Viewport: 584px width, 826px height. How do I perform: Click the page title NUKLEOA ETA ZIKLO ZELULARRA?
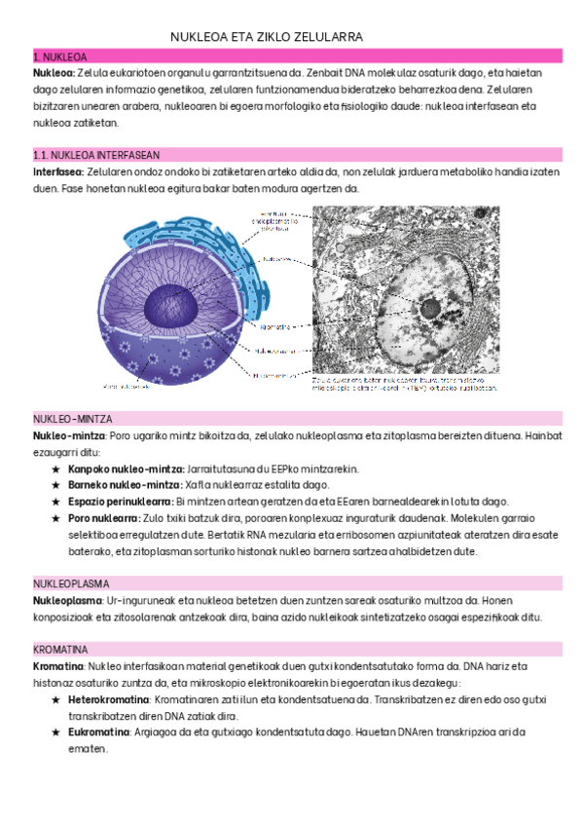tap(267, 37)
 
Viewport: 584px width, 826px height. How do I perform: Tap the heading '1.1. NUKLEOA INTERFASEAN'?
tap(95, 155)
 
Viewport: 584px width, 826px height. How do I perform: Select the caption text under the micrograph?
tap(404, 383)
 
